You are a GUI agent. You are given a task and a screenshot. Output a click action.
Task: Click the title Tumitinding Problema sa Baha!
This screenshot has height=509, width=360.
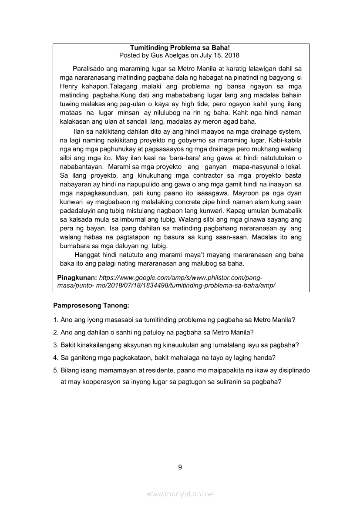[x=179, y=47]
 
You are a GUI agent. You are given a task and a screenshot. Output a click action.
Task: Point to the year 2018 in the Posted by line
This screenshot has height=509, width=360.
[x=231, y=55]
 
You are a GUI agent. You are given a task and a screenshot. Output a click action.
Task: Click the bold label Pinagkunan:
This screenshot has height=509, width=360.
[x=77, y=277]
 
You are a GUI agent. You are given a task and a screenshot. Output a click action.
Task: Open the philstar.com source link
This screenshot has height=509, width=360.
[x=180, y=277]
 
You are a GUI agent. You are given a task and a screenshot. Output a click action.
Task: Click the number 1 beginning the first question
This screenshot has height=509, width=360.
[x=55, y=320]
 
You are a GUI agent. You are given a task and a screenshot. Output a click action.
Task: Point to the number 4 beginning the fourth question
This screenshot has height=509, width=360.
[x=55, y=358]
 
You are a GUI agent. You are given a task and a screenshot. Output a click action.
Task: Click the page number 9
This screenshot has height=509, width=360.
[x=180, y=467]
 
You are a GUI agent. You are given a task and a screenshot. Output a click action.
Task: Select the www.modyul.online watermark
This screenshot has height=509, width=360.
[x=180, y=494]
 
